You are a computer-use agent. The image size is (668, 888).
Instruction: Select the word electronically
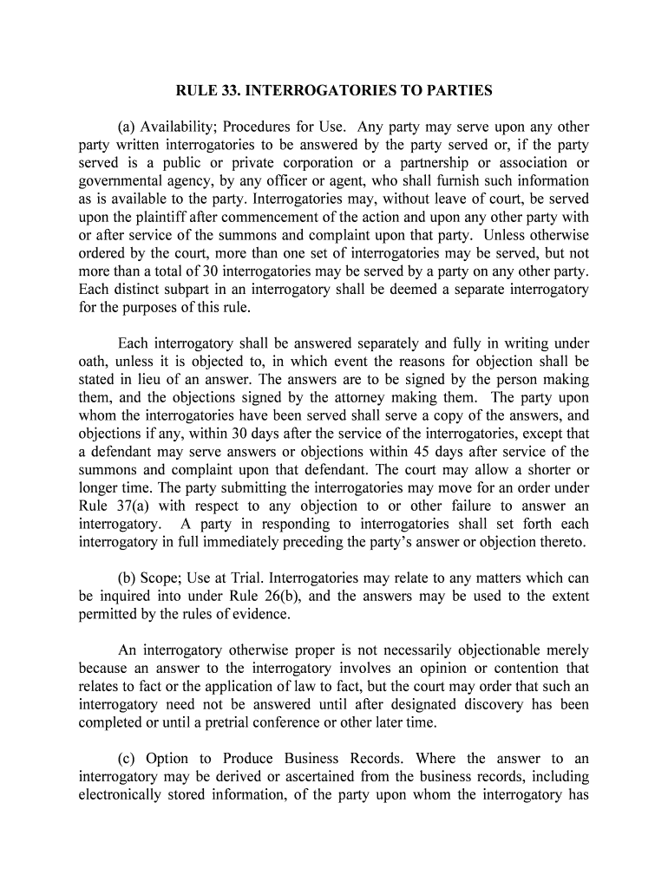[125, 794]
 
